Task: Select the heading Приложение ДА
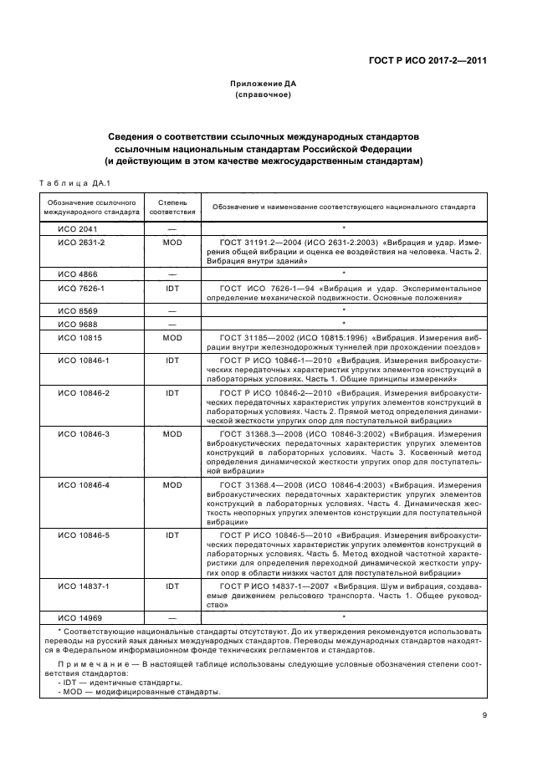tap(264, 84)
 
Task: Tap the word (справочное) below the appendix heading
tap(263, 95)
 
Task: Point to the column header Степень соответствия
tap(173, 207)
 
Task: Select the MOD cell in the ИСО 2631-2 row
tap(173, 241)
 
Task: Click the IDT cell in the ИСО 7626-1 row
tap(173, 287)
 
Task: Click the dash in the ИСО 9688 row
tap(173, 322)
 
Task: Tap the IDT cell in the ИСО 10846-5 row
tap(173, 535)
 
